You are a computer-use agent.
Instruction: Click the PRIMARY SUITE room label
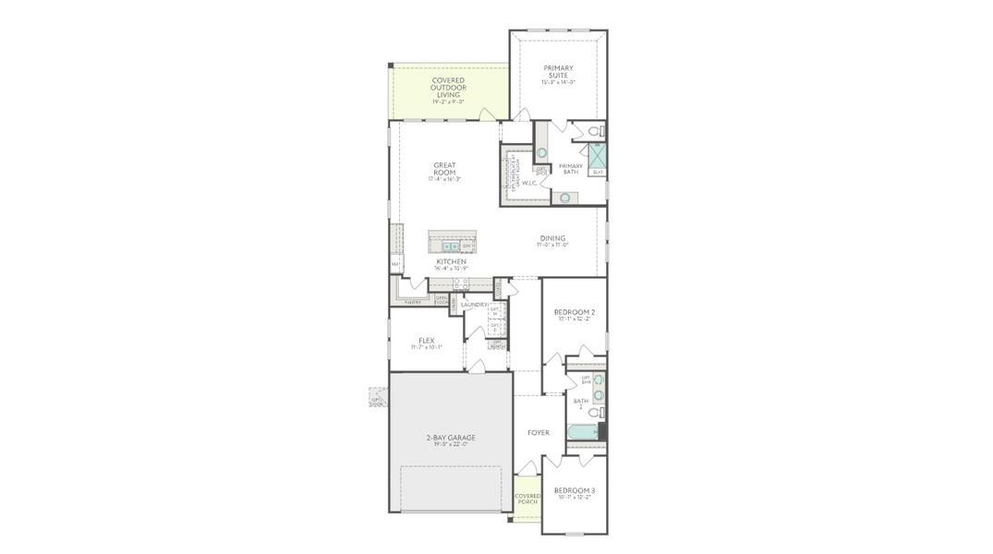[558, 72]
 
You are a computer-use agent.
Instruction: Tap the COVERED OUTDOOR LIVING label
[449, 88]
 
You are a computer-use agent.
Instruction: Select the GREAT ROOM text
[444, 170]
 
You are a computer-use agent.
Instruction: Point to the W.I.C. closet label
[529, 183]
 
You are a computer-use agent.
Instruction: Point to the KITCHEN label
[452, 262]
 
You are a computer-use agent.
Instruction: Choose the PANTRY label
[413, 302]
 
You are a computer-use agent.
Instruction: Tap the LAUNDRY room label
[474, 305]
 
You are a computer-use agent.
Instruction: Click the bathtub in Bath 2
[582, 432]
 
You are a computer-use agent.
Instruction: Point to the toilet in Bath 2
[598, 412]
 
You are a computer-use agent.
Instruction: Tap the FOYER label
[538, 432]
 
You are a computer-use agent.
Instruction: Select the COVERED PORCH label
[527, 500]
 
